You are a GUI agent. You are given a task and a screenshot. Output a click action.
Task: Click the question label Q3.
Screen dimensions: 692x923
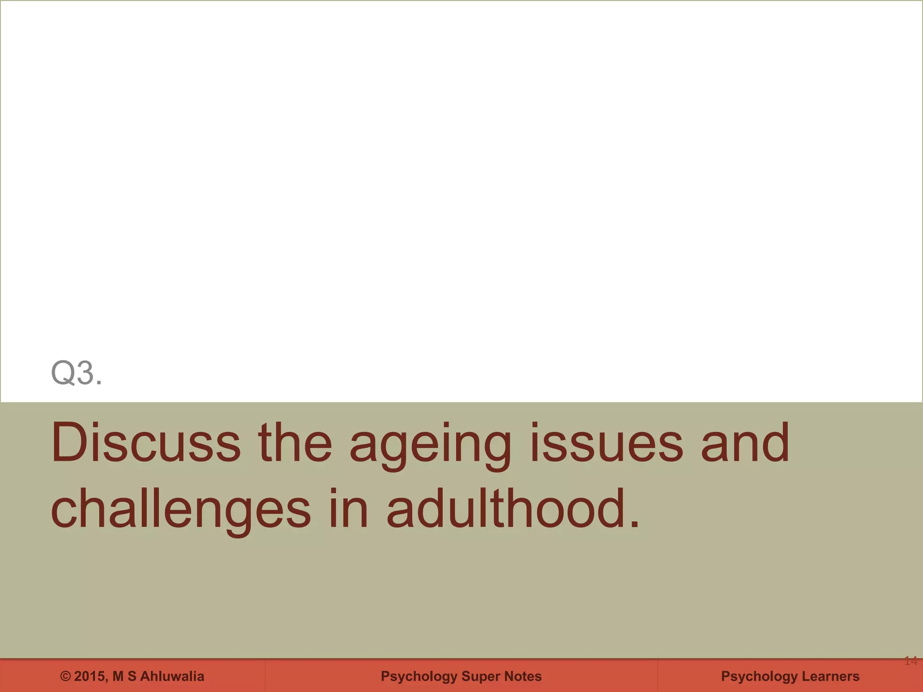click(x=76, y=373)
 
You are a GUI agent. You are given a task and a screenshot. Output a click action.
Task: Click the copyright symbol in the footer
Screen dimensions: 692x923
click(x=66, y=676)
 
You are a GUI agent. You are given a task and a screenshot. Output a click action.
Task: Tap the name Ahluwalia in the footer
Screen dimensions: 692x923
click(x=172, y=676)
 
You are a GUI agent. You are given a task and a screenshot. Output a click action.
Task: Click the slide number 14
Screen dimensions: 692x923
click(x=910, y=661)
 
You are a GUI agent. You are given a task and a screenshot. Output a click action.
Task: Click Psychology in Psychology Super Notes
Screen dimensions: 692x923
click(x=419, y=677)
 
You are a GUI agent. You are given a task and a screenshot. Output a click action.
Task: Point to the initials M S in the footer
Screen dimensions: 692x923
click(x=124, y=676)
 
